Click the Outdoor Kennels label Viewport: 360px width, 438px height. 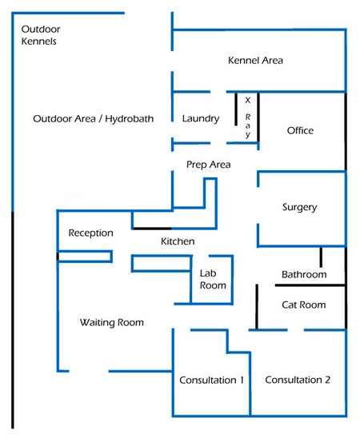pos(41,35)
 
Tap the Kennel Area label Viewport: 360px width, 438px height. pos(255,60)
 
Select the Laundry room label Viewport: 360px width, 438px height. pos(201,119)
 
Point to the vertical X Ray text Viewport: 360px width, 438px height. pos(248,117)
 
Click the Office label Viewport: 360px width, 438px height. pos(300,130)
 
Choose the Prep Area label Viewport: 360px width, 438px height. pos(209,165)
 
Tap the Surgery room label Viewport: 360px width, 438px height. pos(300,207)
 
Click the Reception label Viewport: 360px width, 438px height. pos(91,233)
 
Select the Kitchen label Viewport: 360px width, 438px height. pos(178,241)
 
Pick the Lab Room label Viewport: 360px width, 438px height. pos(213,279)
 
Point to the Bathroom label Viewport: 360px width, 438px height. pos(304,275)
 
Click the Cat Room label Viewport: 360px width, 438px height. pos(304,305)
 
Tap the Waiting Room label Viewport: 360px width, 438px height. pos(112,323)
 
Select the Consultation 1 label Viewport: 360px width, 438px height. pos(211,380)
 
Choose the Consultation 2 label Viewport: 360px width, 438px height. pos(298,380)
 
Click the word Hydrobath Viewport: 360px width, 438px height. pos(130,119)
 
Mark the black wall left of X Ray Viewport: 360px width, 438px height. pos(236,109)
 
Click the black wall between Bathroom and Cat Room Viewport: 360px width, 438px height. pos(310,285)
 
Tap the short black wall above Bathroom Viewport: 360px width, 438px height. pos(321,257)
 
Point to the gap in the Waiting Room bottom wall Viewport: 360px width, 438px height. pos(89,371)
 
